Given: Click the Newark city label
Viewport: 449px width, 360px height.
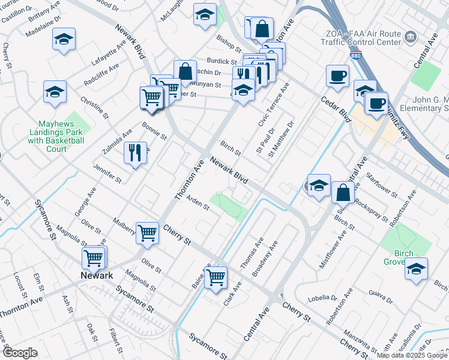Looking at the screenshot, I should [x=97, y=275].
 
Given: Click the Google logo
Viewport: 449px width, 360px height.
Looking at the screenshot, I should [x=20, y=353].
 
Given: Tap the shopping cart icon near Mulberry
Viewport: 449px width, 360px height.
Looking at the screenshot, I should [x=147, y=232].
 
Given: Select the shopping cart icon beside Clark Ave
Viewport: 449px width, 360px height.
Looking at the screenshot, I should [x=215, y=277].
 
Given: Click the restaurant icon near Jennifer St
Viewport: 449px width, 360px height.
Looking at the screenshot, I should [x=135, y=152].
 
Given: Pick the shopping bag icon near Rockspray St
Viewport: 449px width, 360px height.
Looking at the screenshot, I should [x=343, y=193].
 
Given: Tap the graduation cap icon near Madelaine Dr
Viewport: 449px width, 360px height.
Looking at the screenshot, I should [x=64, y=40].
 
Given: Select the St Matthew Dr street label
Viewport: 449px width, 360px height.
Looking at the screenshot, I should [x=282, y=139].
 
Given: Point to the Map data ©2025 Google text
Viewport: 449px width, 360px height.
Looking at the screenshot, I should [x=411, y=355].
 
